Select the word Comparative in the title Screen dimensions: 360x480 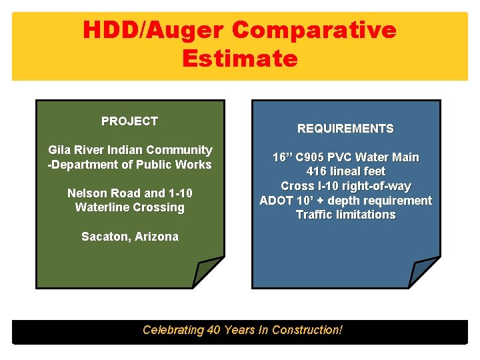[314, 30]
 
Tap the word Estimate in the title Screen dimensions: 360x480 [239, 59]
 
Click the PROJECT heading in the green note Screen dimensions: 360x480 [129, 121]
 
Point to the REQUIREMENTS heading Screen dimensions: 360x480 [345, 129]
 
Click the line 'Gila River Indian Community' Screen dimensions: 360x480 [130, 150]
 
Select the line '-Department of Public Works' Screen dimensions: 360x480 [130, 165]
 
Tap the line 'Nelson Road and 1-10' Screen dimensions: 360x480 [130, 193]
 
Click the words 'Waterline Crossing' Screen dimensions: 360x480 [130, 207]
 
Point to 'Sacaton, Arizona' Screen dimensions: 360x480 [130, 237]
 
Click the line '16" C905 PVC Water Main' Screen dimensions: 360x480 [345, 157]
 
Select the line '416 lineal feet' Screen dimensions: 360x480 [345, 172]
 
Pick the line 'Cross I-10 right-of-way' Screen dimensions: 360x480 [345, 186]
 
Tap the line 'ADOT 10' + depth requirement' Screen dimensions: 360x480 [345, 201]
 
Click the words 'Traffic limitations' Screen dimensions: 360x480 [345, 215]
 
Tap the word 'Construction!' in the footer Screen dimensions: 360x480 [307, 330]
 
